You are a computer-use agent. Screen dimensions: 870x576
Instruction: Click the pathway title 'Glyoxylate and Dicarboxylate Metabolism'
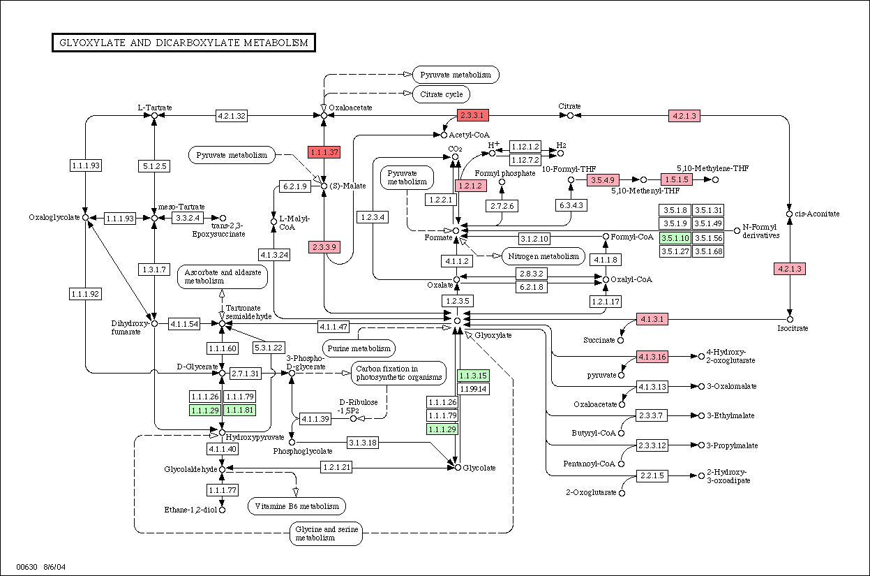[183, 43]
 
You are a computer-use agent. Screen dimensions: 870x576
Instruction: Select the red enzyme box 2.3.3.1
[472, 115]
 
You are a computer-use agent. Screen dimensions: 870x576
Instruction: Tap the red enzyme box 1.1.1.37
[324, 152]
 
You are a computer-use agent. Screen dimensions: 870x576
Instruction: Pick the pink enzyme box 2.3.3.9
[324, 247]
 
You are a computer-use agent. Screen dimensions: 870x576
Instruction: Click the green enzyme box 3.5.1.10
[675, 238]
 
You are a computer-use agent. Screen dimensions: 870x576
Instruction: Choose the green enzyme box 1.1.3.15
[472, 376]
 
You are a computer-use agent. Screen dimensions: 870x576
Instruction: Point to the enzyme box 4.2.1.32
[232, 116]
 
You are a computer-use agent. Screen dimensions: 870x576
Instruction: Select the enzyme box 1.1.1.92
[85, 294]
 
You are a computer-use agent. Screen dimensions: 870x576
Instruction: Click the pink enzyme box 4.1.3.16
[652, 357]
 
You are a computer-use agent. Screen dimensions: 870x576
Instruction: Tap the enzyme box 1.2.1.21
[336, 467]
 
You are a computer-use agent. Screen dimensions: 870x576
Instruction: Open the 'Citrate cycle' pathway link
[441, 94]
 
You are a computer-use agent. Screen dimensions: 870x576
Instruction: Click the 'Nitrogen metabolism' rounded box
[543, 256]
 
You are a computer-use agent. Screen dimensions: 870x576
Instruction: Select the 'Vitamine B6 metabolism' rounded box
[297, 506]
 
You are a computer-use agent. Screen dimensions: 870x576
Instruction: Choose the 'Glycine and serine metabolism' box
[327, 533]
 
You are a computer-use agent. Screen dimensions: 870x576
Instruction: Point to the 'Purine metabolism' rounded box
[359, 348]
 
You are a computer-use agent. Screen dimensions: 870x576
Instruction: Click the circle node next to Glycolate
[458, 468]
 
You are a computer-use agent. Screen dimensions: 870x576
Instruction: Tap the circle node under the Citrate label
[570, 115]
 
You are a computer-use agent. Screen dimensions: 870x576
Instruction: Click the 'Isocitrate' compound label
[793, 328]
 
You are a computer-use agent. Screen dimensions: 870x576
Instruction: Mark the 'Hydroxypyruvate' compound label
[255, 437]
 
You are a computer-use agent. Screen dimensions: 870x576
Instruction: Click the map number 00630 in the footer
[27, 567]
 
